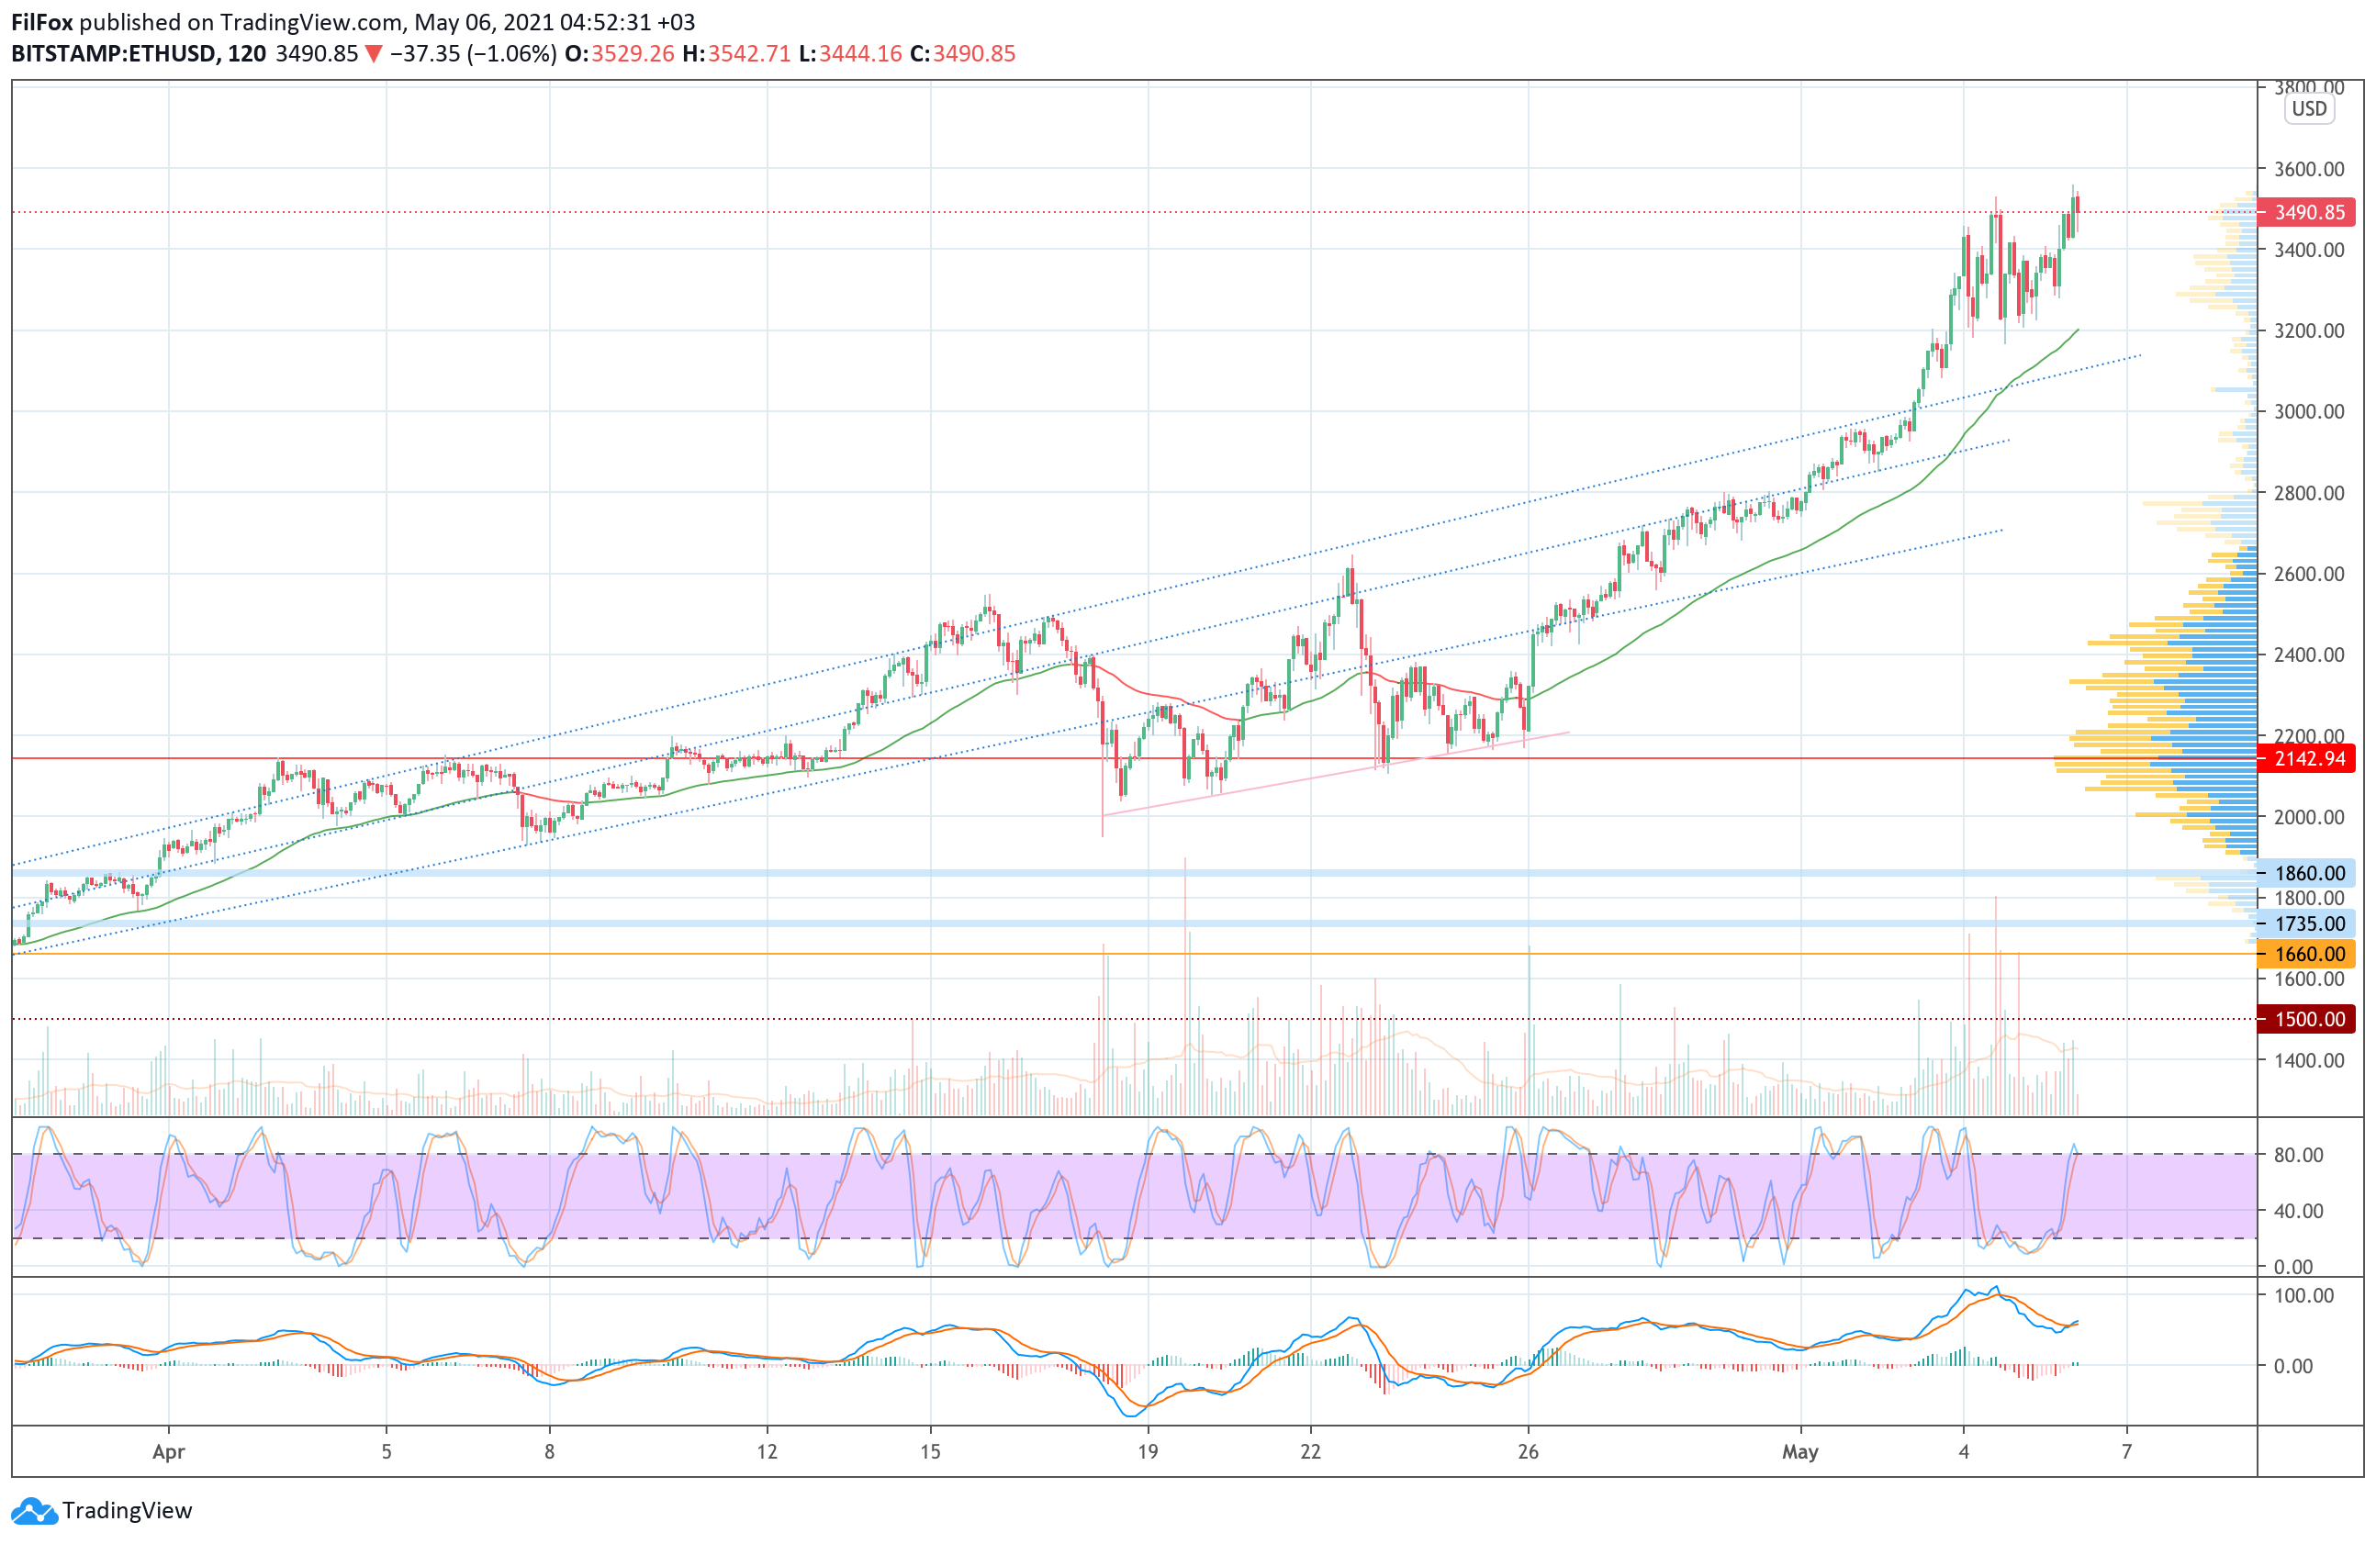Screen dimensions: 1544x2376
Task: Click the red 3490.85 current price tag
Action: [x=2307, y=213]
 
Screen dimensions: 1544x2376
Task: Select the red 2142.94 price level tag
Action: [x=2307, y=758]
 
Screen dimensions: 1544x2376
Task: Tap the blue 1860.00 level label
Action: [x=2307, y=873]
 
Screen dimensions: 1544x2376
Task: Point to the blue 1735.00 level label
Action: [x=2307, y=924]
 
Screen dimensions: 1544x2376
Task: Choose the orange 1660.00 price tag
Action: [x=2307, y=954]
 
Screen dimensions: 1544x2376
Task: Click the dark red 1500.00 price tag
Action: [x=2307, y=1019]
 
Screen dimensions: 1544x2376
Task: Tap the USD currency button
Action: [x=2309, y=109]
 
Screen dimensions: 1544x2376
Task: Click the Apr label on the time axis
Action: [x=169, y=1452]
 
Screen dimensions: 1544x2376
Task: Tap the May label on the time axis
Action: [x=1800, y=1452]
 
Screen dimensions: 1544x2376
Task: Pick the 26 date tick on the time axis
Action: [x=1528, y=1452]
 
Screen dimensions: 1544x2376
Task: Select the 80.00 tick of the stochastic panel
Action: [x=2298, y=1155]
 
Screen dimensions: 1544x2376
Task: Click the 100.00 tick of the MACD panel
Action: [x=2303, y=1295]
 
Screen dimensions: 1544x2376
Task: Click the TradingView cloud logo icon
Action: [x=35, y=1511]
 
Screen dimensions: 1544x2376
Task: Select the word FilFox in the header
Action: [x=42, y=22]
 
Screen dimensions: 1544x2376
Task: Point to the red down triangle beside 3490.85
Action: [x=374, y=54]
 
